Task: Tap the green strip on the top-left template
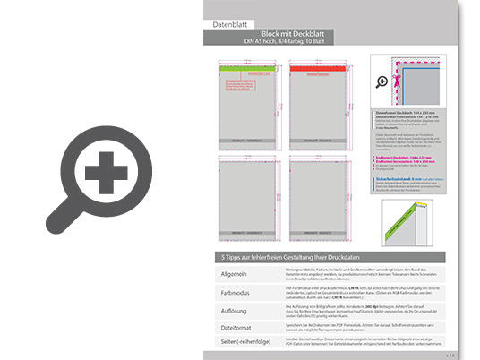[246, 66]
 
